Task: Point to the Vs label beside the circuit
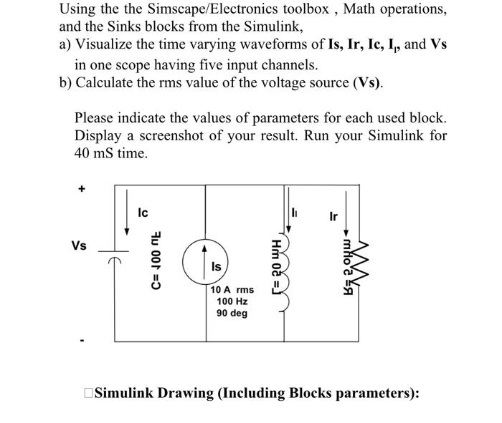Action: [80, 245]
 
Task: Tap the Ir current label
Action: [333, 215]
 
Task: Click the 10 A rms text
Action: [233, 290]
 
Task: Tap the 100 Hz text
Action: [232, 301]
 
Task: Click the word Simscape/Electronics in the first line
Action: [194, 10]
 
